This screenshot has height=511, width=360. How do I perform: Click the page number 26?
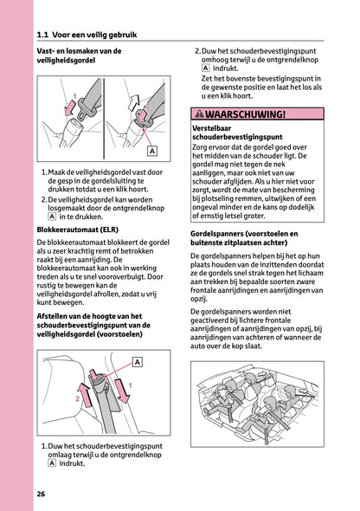click(x=41, y=494)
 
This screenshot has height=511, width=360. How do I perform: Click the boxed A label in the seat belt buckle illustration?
click(x=152, y=151)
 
